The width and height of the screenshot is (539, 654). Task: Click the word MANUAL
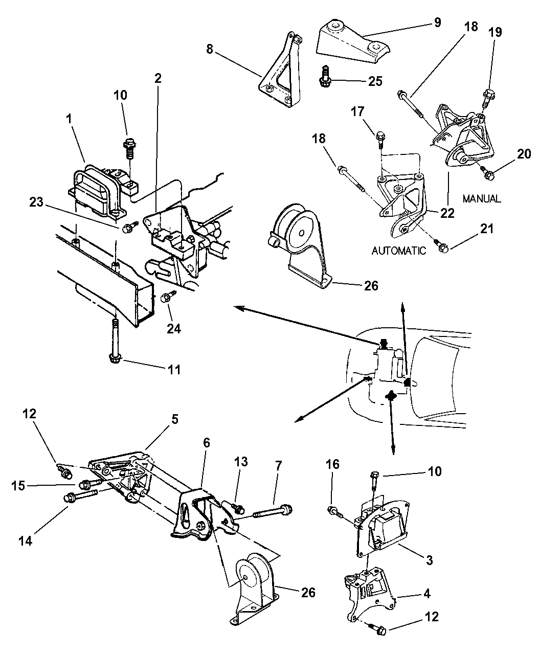click(482, 198)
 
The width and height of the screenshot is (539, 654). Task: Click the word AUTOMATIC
click(398, 251)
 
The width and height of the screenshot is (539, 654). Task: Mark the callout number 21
click(487, 229)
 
